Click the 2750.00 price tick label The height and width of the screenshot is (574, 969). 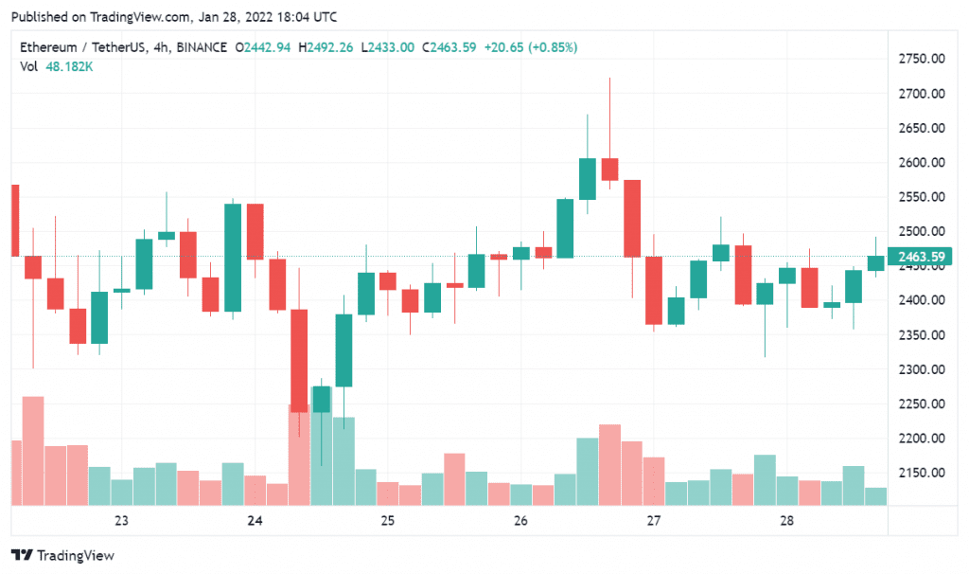point(923,59)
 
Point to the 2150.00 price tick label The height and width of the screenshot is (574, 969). point(923,473)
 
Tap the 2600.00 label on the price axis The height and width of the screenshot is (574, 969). point(923,163)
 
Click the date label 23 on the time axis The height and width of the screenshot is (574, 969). point(121,521)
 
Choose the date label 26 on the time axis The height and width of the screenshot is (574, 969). point(520,521)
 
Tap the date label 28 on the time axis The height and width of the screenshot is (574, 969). point(786,521)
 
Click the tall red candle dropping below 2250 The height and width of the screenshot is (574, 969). point(299,360)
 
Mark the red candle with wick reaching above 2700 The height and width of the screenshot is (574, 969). point(609,169)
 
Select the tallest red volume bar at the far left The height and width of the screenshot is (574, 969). point(33,451)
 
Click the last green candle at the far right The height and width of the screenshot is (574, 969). point(875,263)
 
